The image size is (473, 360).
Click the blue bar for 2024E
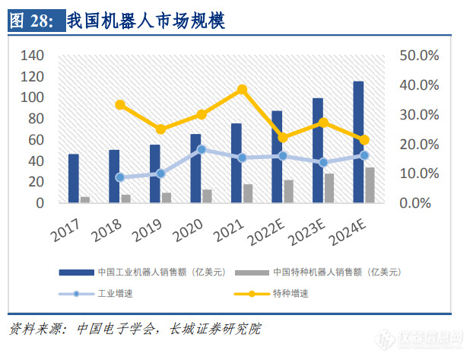click(x=358, y=142)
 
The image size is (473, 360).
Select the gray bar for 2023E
click(x=329, y=188)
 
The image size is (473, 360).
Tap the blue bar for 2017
click(x=73, y=179)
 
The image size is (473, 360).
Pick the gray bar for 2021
click(x=248, y=193)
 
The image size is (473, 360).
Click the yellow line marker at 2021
click(x=242, y=89)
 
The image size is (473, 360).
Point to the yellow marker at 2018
click(x=119, y=105)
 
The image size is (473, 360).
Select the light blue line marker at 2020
click(x=202, y=149)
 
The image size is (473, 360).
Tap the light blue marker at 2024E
click(x=364, y=155)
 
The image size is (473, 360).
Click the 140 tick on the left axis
click(x=33, y=56)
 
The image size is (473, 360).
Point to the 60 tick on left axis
click(x=37, y=140)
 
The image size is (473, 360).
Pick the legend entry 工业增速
click(x=115, y=292)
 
